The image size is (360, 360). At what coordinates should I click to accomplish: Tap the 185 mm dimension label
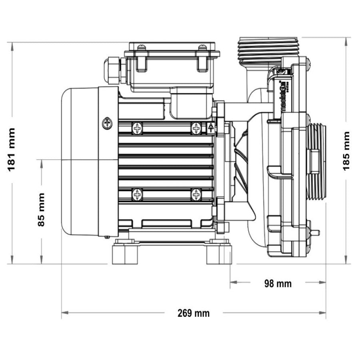pyautogui.click(x=346, y=151)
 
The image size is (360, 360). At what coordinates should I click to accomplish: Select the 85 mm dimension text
pyautogui.click(x=41, y=210)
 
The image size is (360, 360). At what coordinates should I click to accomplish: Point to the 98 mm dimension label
pyautogui.click(x=278, y=284)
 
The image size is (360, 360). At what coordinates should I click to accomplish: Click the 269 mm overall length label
pyautogui.click(x=194, y=313)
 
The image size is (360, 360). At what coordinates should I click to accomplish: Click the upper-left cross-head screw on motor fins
pyautogui.click(x=137, y=128)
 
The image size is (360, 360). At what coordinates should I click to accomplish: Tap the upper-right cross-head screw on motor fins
pyautogui.click(x=196, y=128)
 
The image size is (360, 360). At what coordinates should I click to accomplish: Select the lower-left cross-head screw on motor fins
pyautogui.click(x=137, y=195)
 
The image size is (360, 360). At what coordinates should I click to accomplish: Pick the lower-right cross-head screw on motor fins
pyautogui.click(x=196, y=195)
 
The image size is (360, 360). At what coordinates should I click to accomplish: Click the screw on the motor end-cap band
pyautogui.click(x=107, y=123)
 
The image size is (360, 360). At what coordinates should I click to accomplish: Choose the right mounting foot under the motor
pyautogui.click(x=218, y=254)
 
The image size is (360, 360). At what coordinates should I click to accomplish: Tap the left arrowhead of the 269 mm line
pyautogui.click(x=64, y=313)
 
